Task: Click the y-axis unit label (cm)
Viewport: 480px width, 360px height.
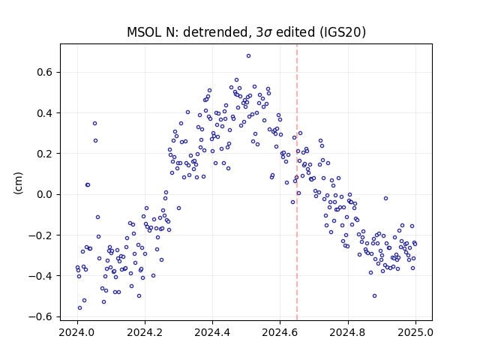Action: (18, 183)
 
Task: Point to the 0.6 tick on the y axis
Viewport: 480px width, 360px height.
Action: (45, 72)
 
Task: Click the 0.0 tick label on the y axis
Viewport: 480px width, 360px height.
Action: (45, 194)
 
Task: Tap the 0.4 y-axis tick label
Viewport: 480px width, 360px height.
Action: (45, 113)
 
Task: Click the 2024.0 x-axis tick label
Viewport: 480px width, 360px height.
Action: (77, 332)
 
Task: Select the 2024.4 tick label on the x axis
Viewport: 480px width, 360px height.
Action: (212, 332)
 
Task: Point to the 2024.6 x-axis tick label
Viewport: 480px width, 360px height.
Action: (280, 332)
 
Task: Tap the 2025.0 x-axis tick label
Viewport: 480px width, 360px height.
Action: (415, 332)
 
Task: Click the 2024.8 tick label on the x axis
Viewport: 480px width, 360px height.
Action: (348, 332)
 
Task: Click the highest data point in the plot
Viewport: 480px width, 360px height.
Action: (248, 55)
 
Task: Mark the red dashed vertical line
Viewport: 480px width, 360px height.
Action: (297, 182)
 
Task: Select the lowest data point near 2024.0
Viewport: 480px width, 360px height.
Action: (80, 307)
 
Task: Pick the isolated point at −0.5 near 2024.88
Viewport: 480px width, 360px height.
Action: (374, 295)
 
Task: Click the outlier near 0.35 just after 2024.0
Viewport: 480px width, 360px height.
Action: (95, 123)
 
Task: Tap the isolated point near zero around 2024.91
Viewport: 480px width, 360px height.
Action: (385, 198)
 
